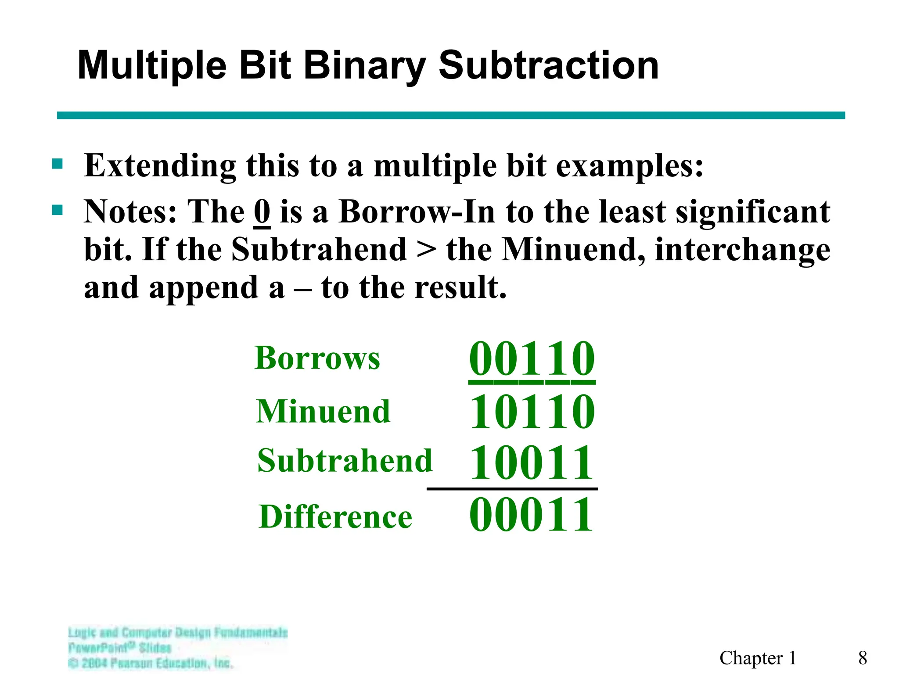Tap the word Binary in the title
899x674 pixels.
coord(364,66)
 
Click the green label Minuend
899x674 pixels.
coord(323,412)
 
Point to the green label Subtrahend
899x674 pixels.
coord(345,461)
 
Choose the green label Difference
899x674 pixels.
coord(335,516)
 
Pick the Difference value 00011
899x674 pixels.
coord(532,514)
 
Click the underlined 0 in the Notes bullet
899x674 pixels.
coord(262,212)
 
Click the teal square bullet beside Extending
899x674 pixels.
coord(57,165)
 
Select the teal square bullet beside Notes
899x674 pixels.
coord(57,210)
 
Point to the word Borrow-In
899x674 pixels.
coord(417,212)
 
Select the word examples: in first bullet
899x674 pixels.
coord(629,167)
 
